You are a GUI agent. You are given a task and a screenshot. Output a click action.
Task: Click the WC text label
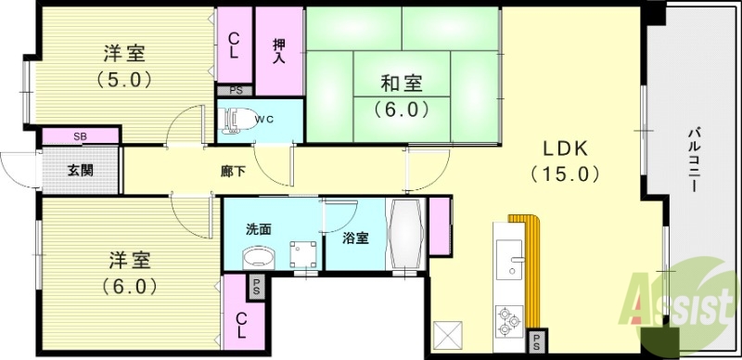pos(264,119)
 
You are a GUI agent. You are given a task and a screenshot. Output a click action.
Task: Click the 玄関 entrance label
pos(80,170)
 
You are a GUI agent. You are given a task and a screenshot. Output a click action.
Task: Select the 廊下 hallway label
pos(233,171)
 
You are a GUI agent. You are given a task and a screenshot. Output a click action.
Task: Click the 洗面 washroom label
pos(258,228)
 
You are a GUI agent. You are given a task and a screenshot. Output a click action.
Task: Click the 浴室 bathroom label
pos(355,238)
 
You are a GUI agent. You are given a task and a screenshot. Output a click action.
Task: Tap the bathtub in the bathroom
pos(406,234)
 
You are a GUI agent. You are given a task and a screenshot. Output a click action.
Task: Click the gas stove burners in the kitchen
pos(509,320)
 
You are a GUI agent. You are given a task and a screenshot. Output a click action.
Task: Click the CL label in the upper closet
pos(234,45)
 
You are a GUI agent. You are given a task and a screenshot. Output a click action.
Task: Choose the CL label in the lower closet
pos(240,325)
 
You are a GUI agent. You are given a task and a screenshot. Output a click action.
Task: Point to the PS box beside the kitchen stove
pos(536,341)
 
